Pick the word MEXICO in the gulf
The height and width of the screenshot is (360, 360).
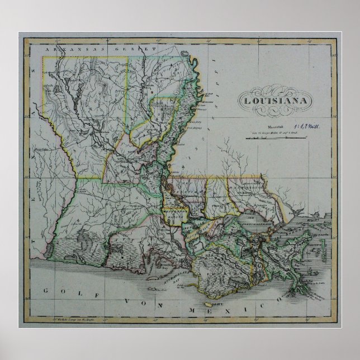(x=220, y=309)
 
